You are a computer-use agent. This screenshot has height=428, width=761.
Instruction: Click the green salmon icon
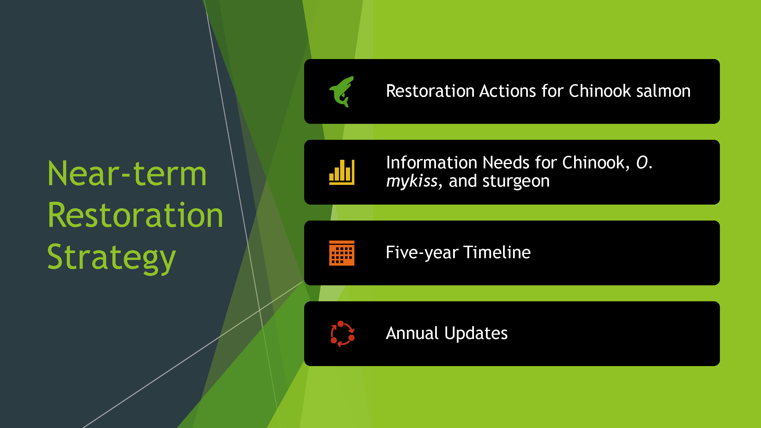point(342,92)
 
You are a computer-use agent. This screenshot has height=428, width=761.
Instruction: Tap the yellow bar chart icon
point(342,172)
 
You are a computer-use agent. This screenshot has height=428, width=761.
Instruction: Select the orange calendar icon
point(342,253)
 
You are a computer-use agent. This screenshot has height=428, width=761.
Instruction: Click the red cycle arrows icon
point(342,334)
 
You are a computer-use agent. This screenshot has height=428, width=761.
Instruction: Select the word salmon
point(663,91)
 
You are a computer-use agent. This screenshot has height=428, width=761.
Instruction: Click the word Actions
point(508,91)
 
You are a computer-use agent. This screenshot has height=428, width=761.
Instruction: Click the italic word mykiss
point(412,181)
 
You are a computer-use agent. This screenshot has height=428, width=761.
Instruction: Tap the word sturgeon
point(516,181)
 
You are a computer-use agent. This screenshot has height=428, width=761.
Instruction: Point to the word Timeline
point(497,252)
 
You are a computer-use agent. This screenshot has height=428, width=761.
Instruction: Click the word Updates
point(476,333)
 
